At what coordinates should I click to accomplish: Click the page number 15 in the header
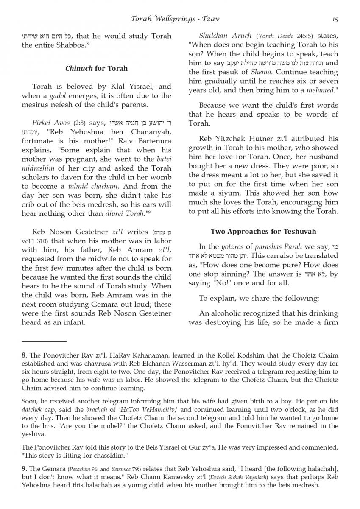coord(335,19)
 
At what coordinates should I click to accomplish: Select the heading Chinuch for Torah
coord(96,68)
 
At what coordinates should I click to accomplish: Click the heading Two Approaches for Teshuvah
coord(263,232)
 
